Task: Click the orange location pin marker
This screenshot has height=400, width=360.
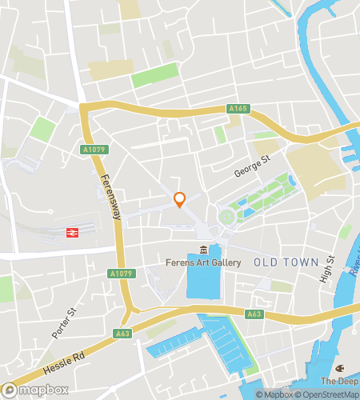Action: tap(180, 199)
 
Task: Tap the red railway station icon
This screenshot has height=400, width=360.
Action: tap(70, 233)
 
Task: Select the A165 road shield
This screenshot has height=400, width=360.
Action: tap(238, 108)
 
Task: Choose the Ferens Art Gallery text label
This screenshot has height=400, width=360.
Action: tap(204, 262)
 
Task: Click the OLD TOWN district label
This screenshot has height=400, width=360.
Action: tap(285, 262)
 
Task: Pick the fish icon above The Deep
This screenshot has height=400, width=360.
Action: tap(340, 368)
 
